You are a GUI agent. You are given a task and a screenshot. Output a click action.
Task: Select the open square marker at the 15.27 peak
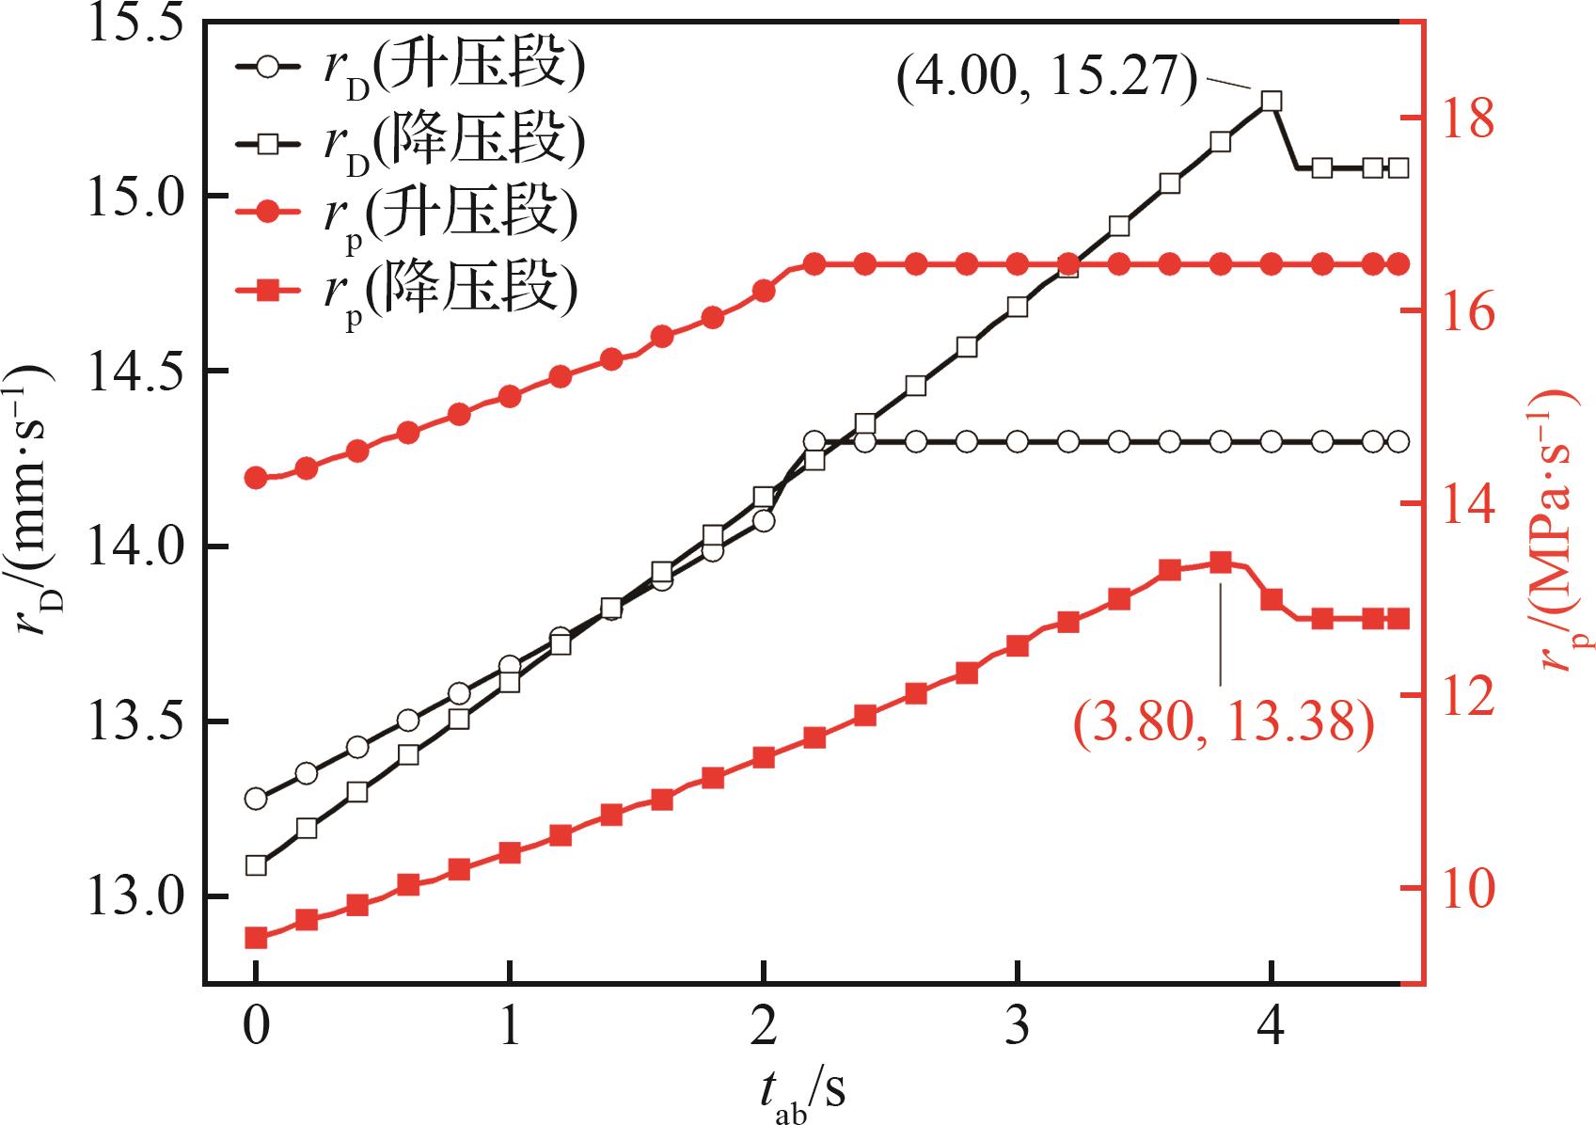click(x=1272, y=101)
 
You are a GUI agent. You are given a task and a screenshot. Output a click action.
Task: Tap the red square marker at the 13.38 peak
click(x=1221, y=562)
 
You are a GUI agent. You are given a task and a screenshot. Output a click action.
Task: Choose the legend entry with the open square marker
click(x=409, y=143)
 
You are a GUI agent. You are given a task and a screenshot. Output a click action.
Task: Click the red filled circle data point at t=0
click(x=255, y=478)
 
